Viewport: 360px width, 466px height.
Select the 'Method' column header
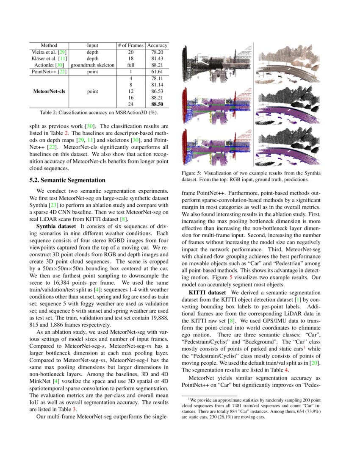click(49, 45)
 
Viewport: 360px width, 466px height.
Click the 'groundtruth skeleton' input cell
click(92, 65)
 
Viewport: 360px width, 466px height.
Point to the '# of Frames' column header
click(130, 45)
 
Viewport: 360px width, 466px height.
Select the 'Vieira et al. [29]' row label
click(49, 52)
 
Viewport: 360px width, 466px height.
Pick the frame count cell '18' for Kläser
click(130, 58)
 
